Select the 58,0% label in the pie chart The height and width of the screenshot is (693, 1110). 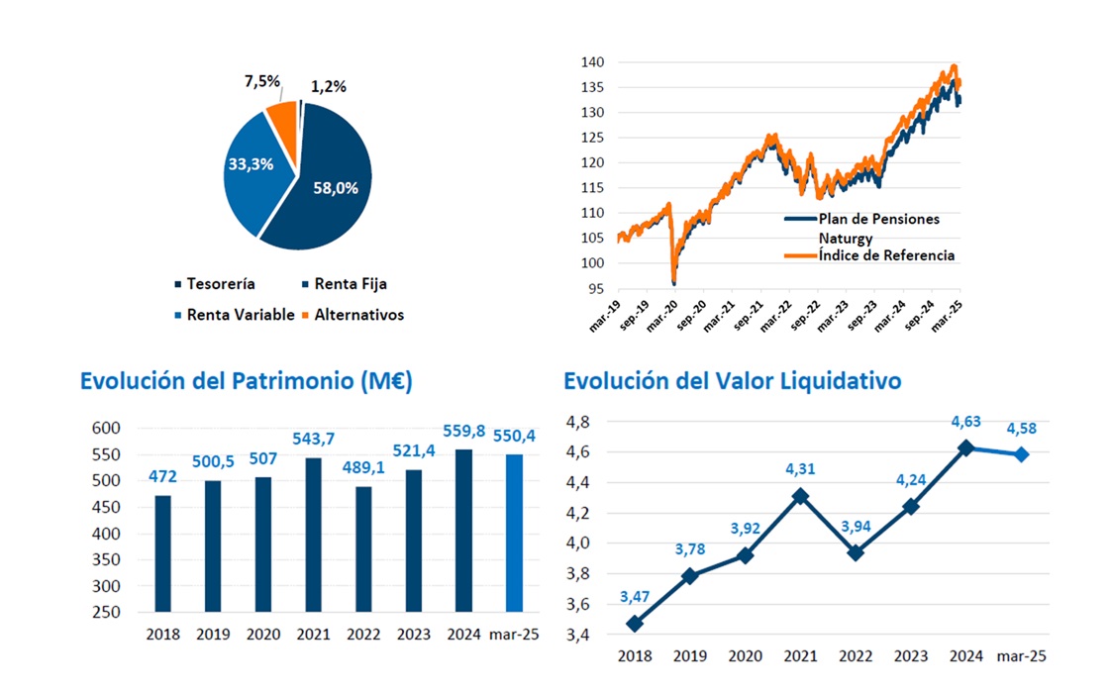coord(334,186)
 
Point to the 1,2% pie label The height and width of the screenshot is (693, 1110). coord(328,86)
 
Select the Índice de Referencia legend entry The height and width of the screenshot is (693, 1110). coord(886,255)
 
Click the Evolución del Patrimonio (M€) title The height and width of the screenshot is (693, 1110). coord(246,381)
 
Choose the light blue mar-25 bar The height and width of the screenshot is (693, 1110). coord(514,533)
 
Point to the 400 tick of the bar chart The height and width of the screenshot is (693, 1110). coord(106,534)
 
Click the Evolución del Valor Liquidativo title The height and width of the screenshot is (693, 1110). coord(732,381)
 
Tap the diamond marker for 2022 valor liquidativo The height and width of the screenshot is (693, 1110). coord(856,552)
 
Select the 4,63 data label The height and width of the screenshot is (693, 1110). coord(965,421)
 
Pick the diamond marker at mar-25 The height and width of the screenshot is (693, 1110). coord(1021,454)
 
